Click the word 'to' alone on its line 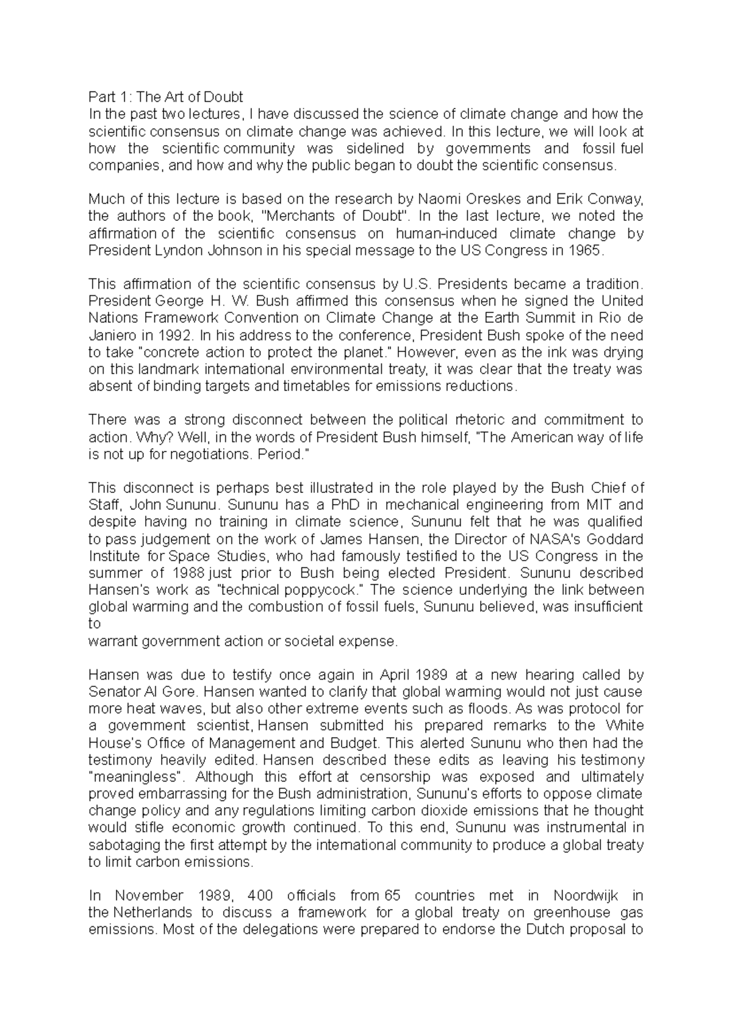pos(94,624)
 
